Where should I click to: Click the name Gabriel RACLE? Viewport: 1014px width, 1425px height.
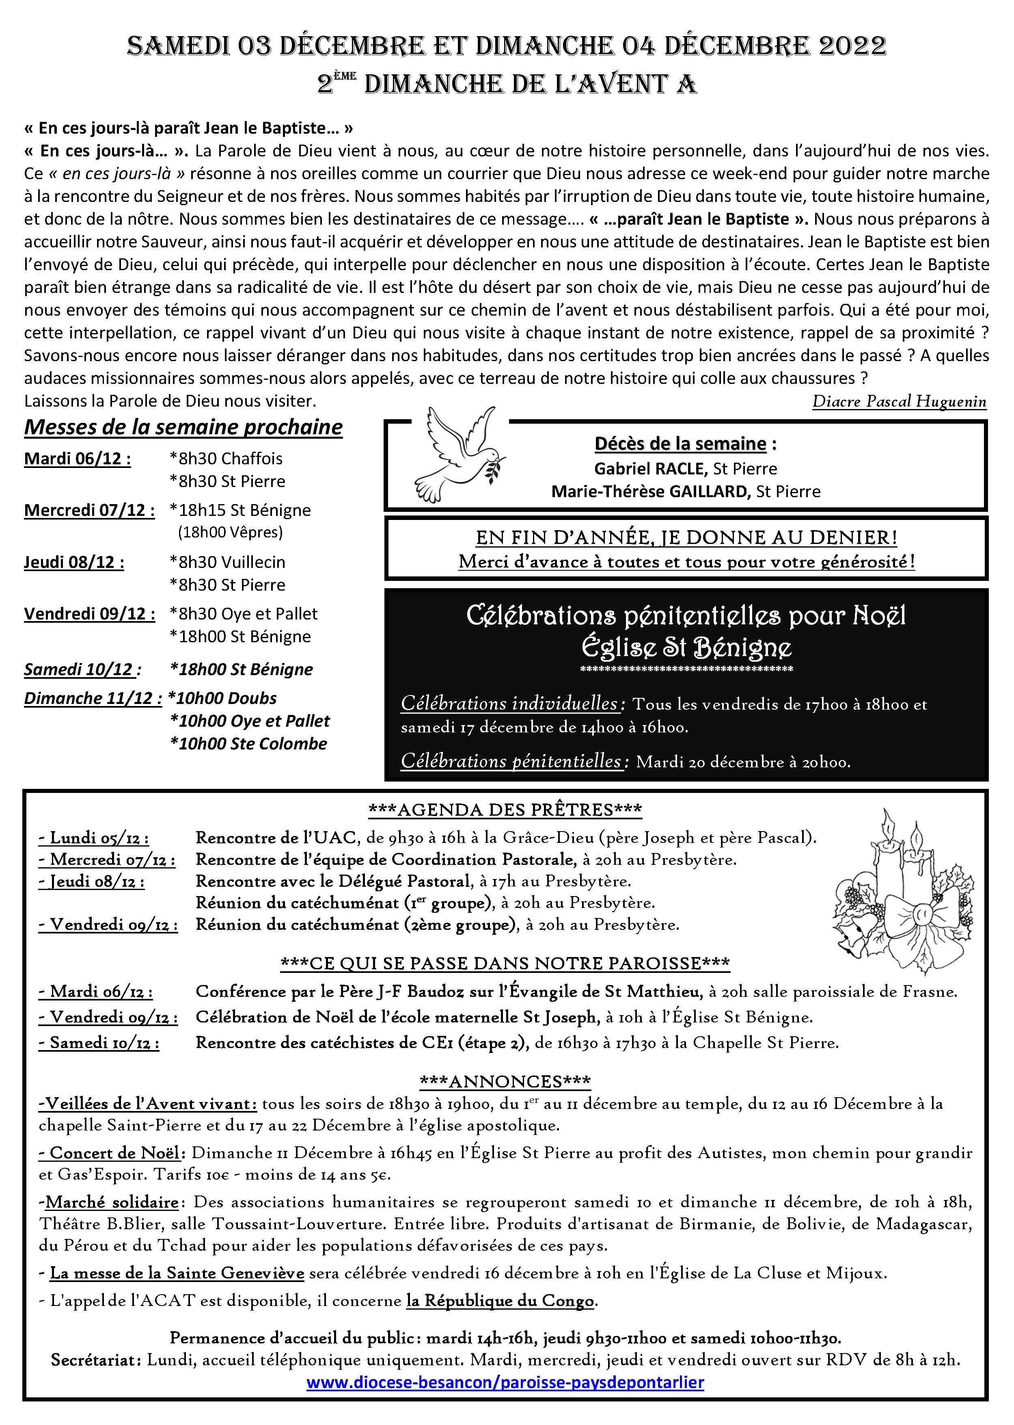pyautogui.click(x=651, y=468)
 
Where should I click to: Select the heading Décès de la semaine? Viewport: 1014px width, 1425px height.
pyautogui.click(x=680, y=444)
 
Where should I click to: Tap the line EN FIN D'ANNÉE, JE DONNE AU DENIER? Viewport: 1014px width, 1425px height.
pyautogui.click(x=686, y=537)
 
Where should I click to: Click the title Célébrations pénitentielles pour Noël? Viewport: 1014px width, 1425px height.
pyautogui.click(x=686, y=616)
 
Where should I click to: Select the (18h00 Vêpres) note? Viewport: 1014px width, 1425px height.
pyautogui.click(x=231, y=532)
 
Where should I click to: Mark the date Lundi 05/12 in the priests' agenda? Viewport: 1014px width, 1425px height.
pyautogui.click(x=94, y=838)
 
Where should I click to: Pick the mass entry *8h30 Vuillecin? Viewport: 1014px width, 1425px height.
pyautogui.click(x=227, y=562)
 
